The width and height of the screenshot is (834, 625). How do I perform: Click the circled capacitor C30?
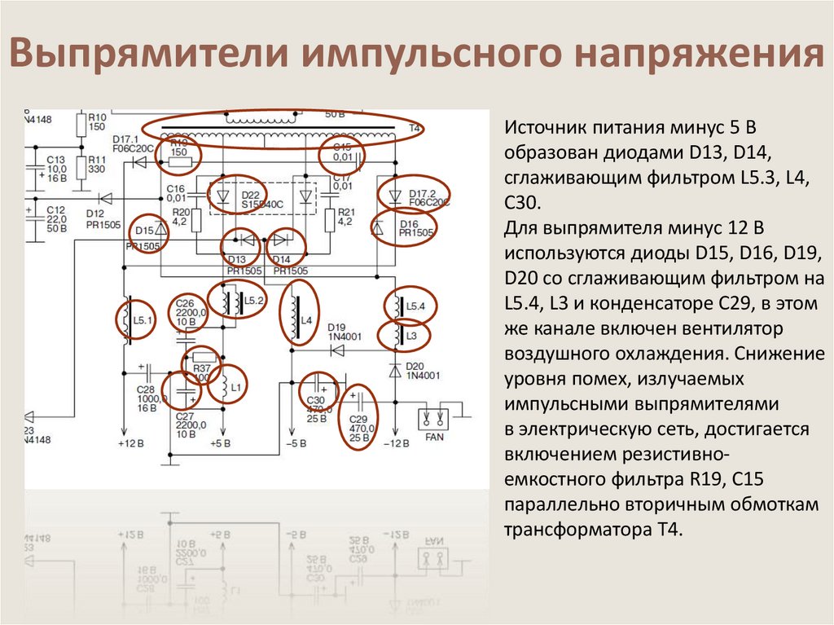pyautogui.click(x=318, y=397)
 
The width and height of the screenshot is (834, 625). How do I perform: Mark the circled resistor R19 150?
pyautogui.click(x=180, y=154)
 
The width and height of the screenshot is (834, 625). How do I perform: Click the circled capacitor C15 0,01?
pyautogui.click(x=341, y=153)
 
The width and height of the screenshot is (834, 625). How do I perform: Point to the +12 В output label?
pyautogui.click(x=131, y=444)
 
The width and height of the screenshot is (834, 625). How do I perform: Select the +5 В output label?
pyautogui.click(x=219, y=444)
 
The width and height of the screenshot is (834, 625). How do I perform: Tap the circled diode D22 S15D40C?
pyautogui.click(x=236, y=196)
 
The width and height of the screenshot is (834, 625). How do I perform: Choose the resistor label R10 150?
pyautogui.click(x=97, y=122)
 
